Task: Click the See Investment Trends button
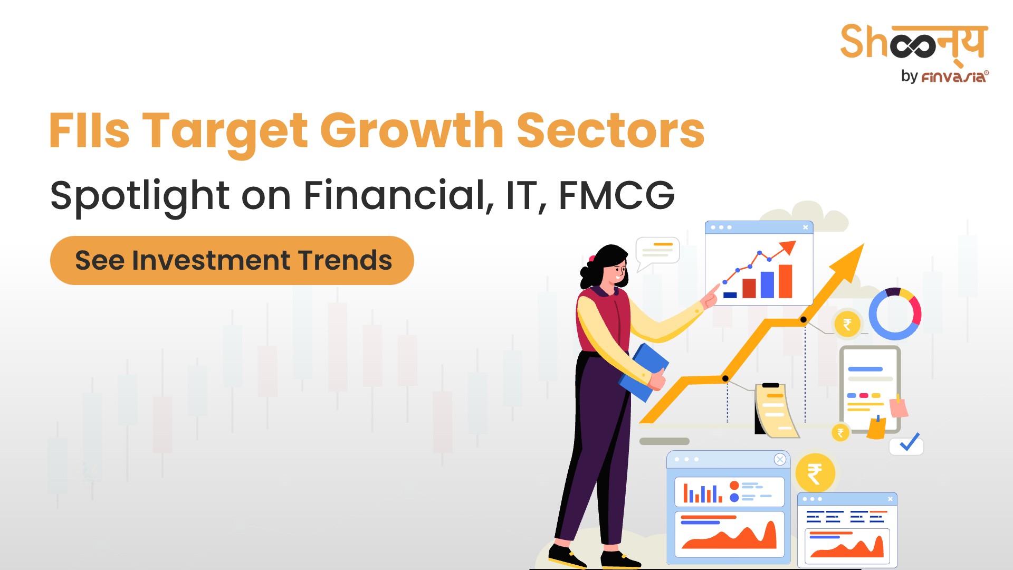coord(232,260)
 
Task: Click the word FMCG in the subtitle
coord(616,195)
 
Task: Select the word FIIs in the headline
coord(89,130)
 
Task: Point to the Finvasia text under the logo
coord(954,77)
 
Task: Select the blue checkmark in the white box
coord(909,442)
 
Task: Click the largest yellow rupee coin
coord(815,473)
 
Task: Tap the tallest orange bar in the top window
coord(786,281)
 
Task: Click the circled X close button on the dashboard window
coord(780,459)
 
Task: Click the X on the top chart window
coord(806,227)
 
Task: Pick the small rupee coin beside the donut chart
coord(847,324)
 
